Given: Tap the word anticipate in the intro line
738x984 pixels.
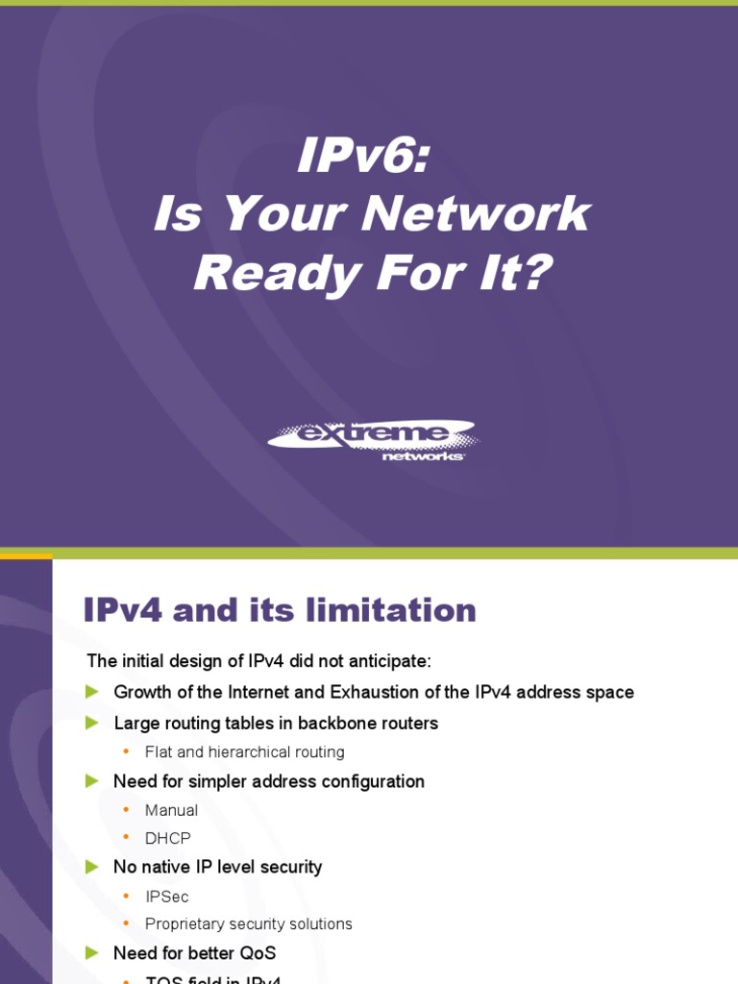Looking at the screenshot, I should tap(392, 661).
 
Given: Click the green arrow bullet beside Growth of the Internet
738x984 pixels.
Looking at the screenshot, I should tap(92, 692).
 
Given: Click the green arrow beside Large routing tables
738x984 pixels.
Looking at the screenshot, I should tap(92, 723).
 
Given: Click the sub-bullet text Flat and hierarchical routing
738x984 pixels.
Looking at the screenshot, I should tap(244, 752).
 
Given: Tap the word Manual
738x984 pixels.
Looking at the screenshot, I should tap(171, 810).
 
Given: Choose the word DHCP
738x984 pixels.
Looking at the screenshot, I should tap(167, 839).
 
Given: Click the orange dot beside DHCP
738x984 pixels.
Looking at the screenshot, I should tap(124, 839).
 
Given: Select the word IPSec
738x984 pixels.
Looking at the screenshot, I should tap(166, 897).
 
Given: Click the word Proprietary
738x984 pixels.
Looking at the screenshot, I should tap(184, 924).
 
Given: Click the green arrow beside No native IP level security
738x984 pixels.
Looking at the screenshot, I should tap(92, 867).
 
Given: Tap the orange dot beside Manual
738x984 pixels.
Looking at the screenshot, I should tap(124, 810).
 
